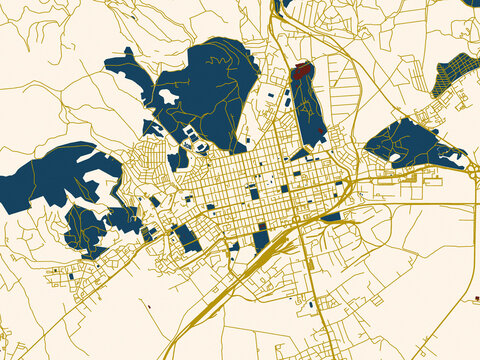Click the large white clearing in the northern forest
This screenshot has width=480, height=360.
coord(167,97)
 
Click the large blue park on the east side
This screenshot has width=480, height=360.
coord(405,145)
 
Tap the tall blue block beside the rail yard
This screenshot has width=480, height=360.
coord(261,240)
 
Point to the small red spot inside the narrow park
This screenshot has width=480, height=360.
coord(320,130)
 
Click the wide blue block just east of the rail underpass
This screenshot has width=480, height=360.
coord(330,215)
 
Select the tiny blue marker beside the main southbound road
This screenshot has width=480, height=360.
coord(311,303)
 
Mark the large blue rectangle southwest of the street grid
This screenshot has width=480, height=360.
coord(187,238)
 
